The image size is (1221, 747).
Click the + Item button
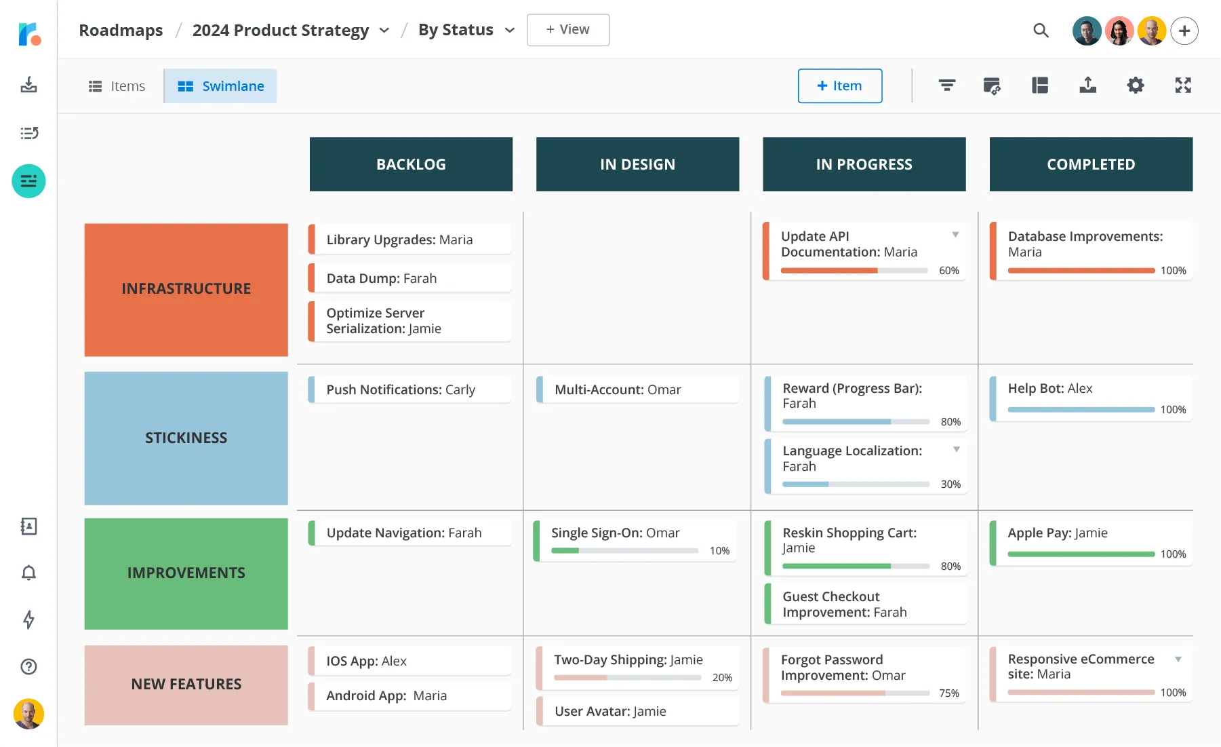[x=839, y=86]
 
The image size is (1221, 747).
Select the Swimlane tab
[x=220, y=86]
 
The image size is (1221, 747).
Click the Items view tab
[x=117, y=86]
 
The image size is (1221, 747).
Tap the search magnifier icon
[x=1041, y=31]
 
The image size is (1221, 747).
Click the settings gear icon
[x=1135, y=85]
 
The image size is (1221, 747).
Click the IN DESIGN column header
[x=637, y=164]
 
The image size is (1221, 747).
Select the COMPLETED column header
[x=1090, y=164]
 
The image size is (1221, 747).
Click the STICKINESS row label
[x=186, y=438]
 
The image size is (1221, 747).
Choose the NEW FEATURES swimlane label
[x=186, y=684]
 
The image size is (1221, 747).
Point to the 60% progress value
[x=948, y=271]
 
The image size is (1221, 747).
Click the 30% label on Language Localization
[x=950, y=484]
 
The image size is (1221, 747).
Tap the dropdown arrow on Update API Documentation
[x=955, y=235]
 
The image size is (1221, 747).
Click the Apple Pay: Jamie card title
[x=1057, y=533]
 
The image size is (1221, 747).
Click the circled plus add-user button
[x=1184, y=31]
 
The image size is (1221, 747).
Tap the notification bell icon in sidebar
[x=28, y=573]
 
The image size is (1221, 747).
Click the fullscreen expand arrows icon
[x=1182, y=85]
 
